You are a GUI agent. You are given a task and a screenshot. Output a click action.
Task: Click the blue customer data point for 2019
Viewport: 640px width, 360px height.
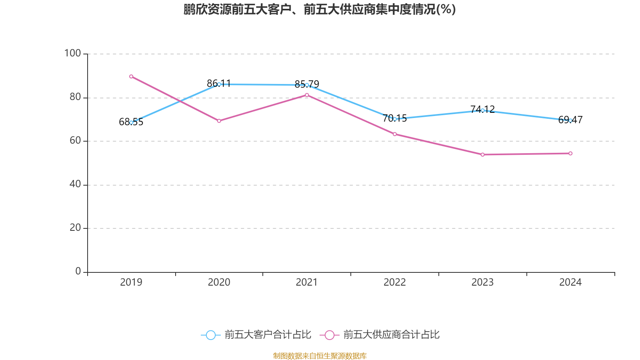[x=131, y=122]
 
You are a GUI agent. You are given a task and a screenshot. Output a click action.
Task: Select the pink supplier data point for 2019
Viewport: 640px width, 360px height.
[x=131, y=76]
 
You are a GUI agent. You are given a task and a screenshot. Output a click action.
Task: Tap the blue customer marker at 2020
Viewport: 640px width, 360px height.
[x=219, y=84]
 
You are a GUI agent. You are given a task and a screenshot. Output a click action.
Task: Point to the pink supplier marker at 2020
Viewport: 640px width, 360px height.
[x=219, y=121]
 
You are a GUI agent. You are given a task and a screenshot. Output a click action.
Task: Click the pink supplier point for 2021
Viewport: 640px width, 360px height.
[x=307, y=95]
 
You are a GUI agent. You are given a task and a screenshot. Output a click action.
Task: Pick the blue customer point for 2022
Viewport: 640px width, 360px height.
[x=395, y=119]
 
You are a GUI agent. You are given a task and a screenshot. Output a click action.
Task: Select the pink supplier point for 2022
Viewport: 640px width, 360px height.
[x=395, y=134]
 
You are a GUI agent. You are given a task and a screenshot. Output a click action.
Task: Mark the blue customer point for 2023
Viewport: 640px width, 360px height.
[x=482, y=110]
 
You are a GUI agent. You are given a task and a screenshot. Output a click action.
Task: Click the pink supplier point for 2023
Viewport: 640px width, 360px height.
[x=482, y=155]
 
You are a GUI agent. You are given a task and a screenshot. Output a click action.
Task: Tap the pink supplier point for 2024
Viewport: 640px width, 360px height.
[x=570, y=154]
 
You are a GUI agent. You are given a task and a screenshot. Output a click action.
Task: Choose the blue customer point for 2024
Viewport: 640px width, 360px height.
[x=570, y=120]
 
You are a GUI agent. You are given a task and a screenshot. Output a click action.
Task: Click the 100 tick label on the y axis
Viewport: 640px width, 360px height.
[x=72, y=53]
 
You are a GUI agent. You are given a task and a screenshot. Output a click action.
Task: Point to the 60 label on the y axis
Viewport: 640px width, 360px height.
[x=75, y=140]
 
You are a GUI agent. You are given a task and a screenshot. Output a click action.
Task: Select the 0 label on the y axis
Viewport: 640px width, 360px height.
[x=78, y=271]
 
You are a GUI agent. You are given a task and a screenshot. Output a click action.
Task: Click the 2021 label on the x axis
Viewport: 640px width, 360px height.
[x=307, y=282]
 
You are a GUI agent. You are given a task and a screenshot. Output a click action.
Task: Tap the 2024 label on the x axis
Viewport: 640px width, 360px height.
[x=570, y=282]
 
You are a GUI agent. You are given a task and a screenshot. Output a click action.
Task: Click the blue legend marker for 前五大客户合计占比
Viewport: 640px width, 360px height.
[x=210, y=335]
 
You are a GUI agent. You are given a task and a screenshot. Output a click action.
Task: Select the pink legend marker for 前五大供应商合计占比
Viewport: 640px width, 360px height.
[x=330, y=335]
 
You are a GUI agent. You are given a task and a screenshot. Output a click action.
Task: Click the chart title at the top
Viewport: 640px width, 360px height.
[x=320, y=9]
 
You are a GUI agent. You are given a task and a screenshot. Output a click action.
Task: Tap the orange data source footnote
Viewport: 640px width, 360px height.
[x=320, y=356]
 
